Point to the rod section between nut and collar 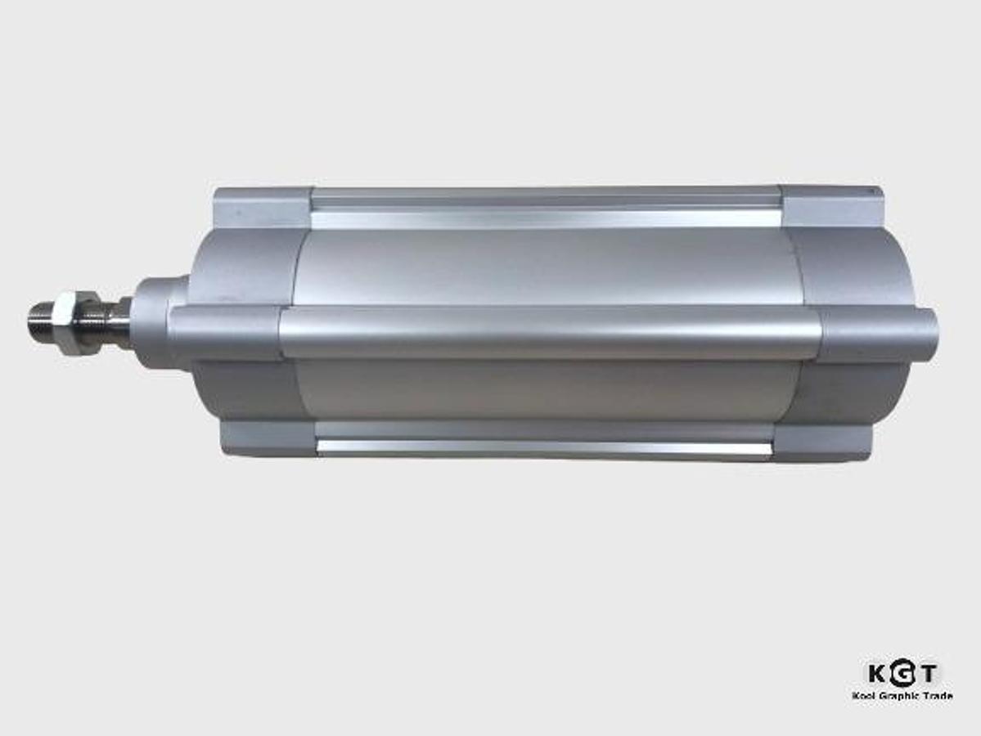115,321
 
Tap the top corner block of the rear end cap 830,205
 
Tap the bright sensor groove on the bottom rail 544,447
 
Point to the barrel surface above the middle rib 544,266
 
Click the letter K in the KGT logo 877,674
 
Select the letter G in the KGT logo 902,674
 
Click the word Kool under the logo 863,696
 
